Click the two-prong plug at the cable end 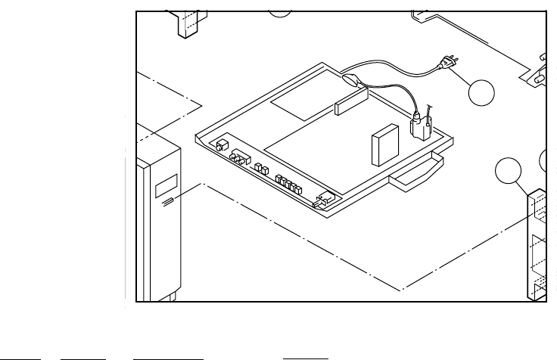tap(445, 70)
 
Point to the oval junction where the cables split tap(350, 77)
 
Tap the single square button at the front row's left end tap(222, 145)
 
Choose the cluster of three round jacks tap(240, 157)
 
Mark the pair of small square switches tap(261, 169)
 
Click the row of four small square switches tap(288, 183)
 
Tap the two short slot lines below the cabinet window tap(166, 202)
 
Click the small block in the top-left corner tap(187, 23)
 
